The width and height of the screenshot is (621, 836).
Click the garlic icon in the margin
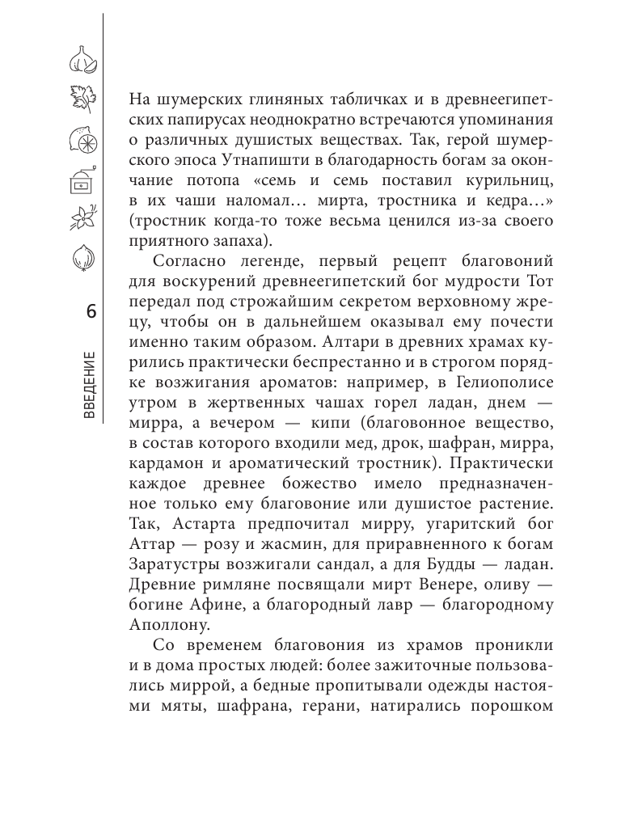pyautogui.click(x=82, y=58)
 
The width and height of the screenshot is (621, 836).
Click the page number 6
pyautogui.click(x=90, y=312)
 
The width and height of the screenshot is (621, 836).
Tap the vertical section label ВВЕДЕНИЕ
pyautogui.click(x=90, y=385)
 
